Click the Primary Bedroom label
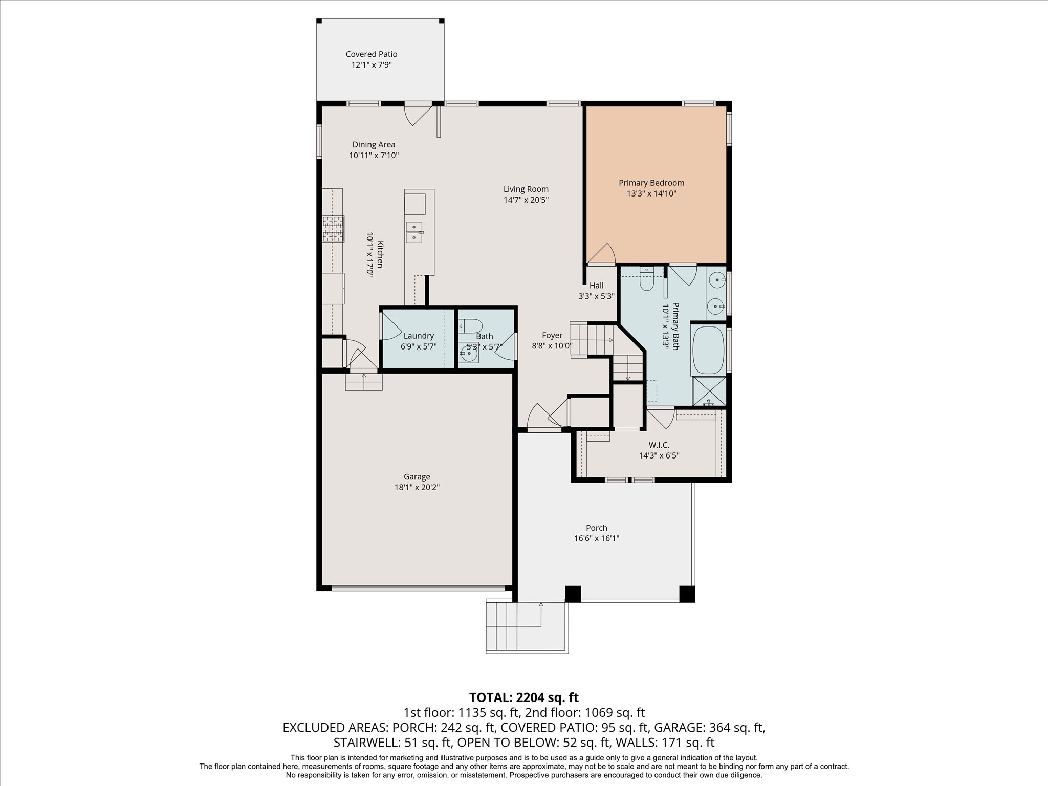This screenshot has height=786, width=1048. click(651, 183)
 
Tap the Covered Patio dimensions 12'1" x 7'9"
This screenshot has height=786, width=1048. click(371, 65)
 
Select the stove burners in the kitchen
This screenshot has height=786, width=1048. click(333, 229)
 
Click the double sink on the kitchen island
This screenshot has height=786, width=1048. click(414, 232)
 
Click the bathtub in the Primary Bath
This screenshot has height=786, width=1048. click(708, 351)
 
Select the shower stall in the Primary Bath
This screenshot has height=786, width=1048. click(709, 391)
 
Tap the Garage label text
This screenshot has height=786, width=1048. click(417, 476)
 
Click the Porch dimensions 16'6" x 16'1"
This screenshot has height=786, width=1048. click(596, 538)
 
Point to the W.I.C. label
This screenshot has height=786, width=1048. click(659, 445)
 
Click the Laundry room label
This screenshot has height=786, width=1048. click(419, 336)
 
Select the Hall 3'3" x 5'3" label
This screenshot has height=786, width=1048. click(596, 291)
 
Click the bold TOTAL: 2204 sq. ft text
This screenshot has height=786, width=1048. click(523, 697)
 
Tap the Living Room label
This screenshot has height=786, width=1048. click(526, 189)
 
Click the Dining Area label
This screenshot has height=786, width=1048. click(374, 145)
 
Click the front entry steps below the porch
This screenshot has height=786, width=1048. click(527, 627)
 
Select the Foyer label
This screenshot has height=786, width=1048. click(552, 336)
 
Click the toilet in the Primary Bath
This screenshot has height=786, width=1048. click(647, 280)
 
